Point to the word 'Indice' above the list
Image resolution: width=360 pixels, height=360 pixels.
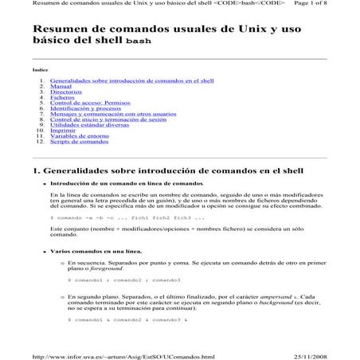tap(40, 70)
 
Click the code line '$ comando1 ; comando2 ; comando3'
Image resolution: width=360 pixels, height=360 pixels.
tap(124, 281)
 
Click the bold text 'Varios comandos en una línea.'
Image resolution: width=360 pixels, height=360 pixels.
tap(92, 251)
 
